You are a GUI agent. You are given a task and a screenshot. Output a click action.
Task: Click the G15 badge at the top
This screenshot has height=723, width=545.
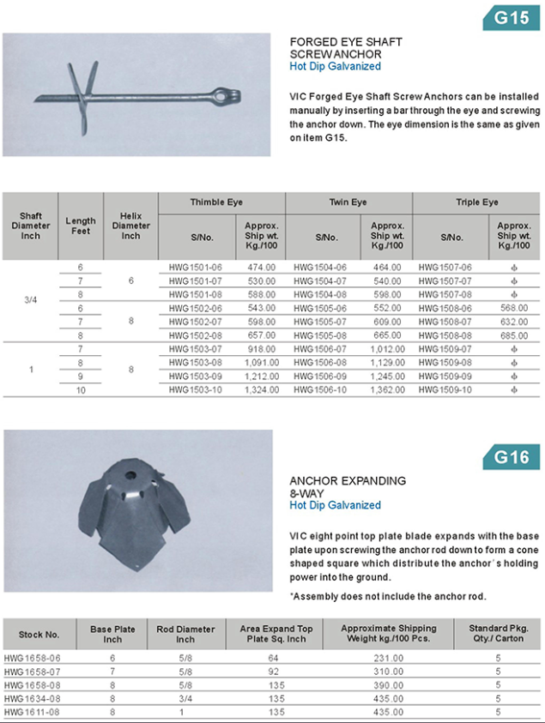[x=512, y=17]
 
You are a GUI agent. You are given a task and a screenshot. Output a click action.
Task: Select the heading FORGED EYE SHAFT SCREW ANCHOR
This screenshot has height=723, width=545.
[x=345, y=48]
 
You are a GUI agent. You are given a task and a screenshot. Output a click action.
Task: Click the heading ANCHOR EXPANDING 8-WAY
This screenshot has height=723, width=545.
[x=348, y=486]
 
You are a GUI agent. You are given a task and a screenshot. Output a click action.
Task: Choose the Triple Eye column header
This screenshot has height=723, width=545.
[x=476, y=202]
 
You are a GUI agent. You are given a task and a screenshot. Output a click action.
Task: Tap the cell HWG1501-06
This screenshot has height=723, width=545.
[x=196, y=268]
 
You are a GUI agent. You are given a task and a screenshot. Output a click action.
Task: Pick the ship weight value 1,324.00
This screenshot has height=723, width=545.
[x=261, y=389]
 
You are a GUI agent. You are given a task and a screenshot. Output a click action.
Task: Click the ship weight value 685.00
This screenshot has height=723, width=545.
[x=513, y=335]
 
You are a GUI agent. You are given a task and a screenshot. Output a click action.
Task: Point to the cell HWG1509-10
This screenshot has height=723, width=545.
[x=445, y=389]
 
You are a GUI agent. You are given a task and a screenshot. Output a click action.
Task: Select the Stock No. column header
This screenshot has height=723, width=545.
[x=39, y=635]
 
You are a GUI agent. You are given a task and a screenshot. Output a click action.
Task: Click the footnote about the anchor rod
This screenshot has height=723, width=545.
[x=388, y=596]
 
